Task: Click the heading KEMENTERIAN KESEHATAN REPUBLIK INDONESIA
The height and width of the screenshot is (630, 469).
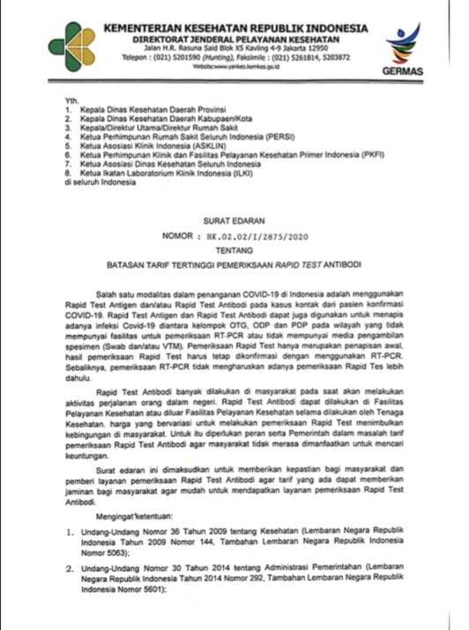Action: [235, 28]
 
